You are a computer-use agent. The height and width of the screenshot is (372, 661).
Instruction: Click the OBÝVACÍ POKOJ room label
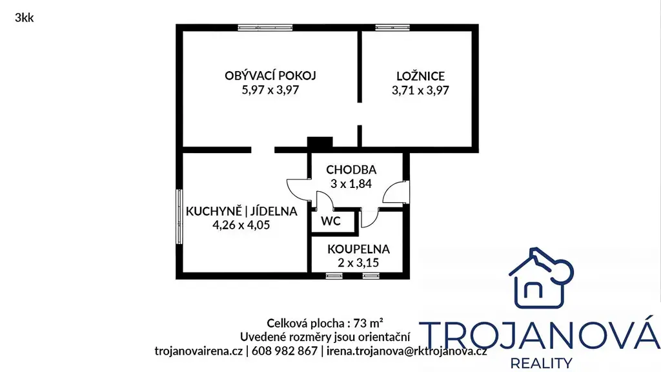click(270, 76)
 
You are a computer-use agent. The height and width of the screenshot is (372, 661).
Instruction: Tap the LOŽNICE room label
click(420, 76)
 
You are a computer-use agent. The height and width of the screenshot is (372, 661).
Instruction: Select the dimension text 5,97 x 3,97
click(270, 90)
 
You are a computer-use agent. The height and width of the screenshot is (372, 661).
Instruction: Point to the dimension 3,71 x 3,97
click(420, 90)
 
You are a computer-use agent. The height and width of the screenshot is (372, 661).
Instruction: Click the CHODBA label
click(351, 170)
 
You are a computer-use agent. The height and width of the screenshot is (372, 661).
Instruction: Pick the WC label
click(330, 221)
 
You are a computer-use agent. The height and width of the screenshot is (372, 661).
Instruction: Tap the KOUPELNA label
click(358, 249)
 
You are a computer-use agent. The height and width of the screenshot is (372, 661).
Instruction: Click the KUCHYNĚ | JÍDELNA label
click(241, 211)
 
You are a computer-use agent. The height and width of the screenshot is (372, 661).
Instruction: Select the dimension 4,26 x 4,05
click(241, 225)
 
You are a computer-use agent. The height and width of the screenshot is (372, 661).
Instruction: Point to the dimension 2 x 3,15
click(358, 263)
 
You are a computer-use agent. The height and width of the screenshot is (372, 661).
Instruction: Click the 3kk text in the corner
click(24, 17)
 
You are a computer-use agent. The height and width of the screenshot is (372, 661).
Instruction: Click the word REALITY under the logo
click(542, 363)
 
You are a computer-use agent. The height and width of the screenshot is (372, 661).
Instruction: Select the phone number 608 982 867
click(284, 351)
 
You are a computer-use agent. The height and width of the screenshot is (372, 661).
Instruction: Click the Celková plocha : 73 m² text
click(325, 323)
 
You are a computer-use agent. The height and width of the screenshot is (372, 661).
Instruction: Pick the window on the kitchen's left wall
click(179, 216)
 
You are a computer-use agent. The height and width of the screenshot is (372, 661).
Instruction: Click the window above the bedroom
click(392, 28)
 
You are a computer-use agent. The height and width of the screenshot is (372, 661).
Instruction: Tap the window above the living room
click(265, 28)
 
